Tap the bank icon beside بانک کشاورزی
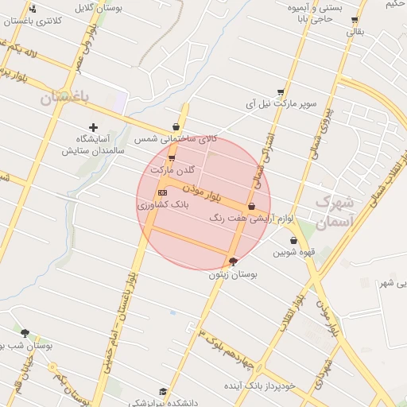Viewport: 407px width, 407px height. [163, 193]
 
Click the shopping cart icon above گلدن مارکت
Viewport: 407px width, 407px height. [172, 158]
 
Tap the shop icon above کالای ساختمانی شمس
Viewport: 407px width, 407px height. [176, 126]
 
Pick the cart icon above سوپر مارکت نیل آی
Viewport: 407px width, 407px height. [281, 92]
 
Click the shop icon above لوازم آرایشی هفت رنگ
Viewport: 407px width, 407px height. [252, 206]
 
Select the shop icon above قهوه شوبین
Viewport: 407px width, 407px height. [293, 241]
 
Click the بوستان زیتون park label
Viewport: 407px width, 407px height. [223, 274]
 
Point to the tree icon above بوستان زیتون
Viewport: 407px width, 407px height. [232, 262]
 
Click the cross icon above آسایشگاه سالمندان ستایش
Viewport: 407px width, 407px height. [94, 127]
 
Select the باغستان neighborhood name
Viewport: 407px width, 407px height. [67, 97]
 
